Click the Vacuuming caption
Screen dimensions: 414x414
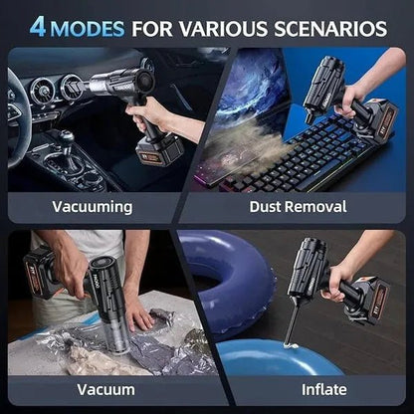point(91,206)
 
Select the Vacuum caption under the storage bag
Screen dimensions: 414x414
point(91,389)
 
